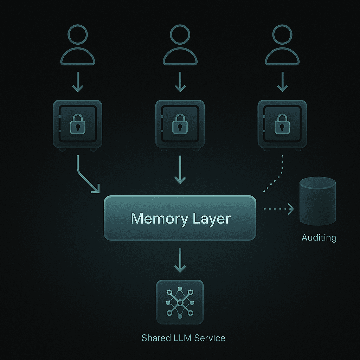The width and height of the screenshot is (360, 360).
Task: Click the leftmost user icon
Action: [78, 46]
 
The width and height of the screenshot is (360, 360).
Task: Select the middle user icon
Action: [180, 46]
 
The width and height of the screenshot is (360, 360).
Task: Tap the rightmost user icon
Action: [282, 46]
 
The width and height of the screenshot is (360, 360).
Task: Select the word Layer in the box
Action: [212, 219]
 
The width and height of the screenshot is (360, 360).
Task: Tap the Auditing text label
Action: [319, 238]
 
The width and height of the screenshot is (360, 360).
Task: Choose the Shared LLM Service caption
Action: [183, 338]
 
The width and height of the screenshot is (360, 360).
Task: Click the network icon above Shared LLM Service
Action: [180, 302]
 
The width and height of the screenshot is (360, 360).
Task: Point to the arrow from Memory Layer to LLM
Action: [180, 260]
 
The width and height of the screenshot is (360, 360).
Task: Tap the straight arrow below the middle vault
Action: [180, 169]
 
